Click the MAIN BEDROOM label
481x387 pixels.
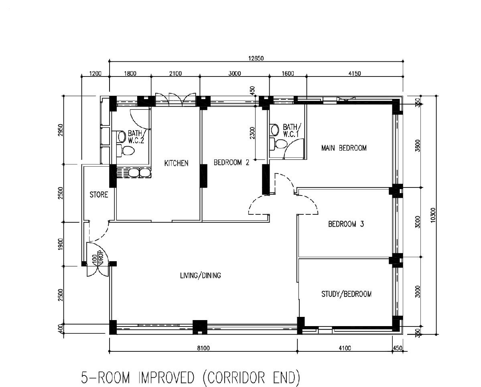pos(343,148)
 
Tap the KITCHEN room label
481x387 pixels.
pos(177,163)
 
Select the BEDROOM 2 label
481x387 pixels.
pos(231,162)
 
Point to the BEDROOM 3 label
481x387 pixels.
pos(346,224)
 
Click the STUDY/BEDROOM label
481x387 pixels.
pos(346,294)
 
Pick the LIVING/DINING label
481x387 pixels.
pos(200,276)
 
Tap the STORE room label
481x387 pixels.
pos(99,195)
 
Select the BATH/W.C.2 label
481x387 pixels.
pos(136,137)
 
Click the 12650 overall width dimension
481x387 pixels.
pos(256,58)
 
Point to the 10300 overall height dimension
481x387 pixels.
pos(433,215)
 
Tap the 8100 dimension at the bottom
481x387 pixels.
pos(203,348)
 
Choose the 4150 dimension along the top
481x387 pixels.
pos(355,74)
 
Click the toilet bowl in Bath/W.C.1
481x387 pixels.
pos(280,143)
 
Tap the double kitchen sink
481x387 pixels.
pos(140,173)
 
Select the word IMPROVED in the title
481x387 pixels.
pos(166,378)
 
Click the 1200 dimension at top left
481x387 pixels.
pos(95,74)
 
